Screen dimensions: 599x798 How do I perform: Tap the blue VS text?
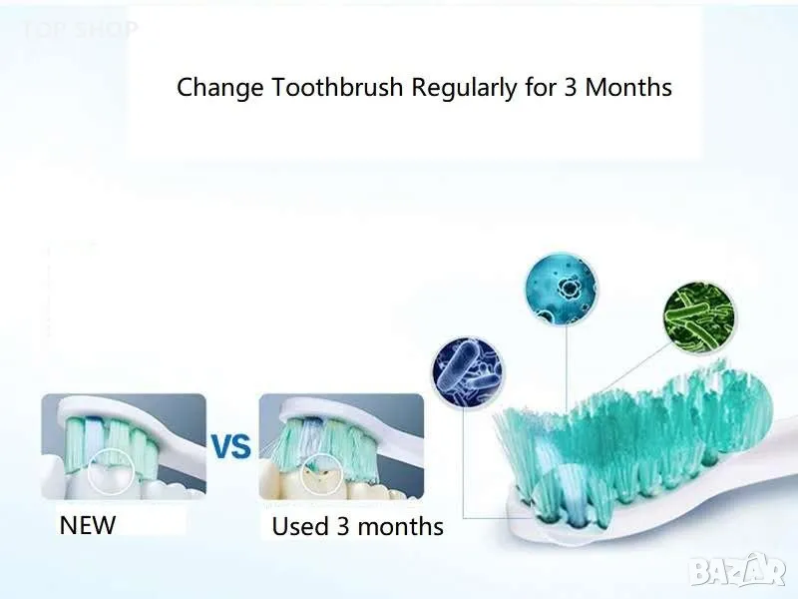click(231, 446)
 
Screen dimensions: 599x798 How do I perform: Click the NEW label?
click(88, 524)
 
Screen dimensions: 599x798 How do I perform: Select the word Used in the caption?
click(299, 526)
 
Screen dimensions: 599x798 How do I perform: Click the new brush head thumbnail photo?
click(123, 446)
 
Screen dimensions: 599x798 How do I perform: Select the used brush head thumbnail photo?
click(341, 446)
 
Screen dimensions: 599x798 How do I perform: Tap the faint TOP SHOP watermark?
click(80, 28)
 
